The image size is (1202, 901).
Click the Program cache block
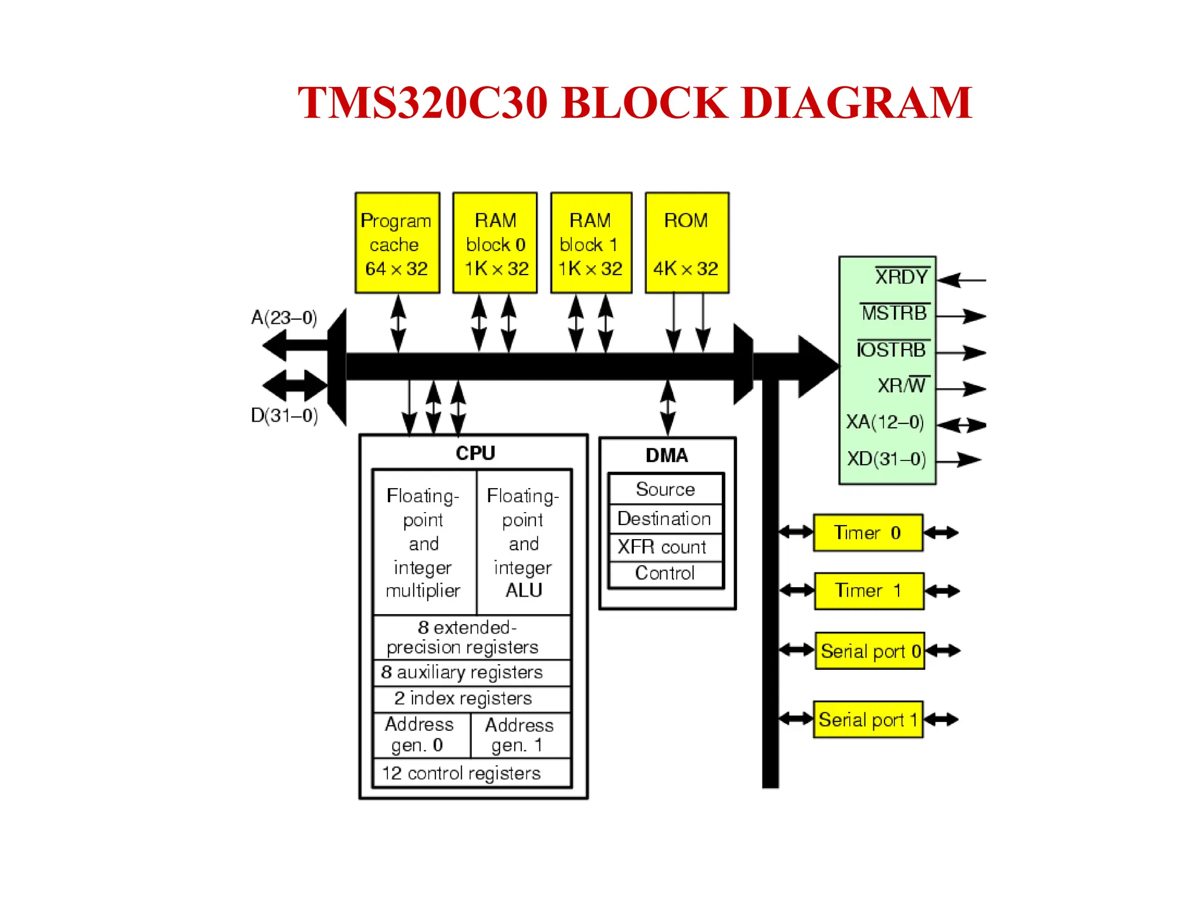(397, 243)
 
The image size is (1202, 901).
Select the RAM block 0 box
(495, 243)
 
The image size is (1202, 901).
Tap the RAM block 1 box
(590, 243)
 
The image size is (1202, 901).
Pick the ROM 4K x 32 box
(686, 243)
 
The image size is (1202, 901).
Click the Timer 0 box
(867, 533)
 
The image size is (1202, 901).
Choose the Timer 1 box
(869, 591)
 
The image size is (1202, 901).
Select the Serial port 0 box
(869, 651)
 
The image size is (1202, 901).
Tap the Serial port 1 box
(867, 719)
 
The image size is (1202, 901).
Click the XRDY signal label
(901, 277)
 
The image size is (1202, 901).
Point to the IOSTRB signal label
(892, 350)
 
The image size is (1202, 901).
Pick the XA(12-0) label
(884, 422)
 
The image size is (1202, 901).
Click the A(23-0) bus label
(284, 317)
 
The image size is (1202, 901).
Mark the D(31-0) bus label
(284, 415)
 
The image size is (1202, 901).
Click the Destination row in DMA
(664, 519)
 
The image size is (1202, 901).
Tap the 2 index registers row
(463, 698)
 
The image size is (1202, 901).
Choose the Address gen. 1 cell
(519, 735)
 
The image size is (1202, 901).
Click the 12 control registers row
(461, 773)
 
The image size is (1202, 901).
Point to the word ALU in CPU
(524, 590)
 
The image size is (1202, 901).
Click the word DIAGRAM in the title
(856, 103)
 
